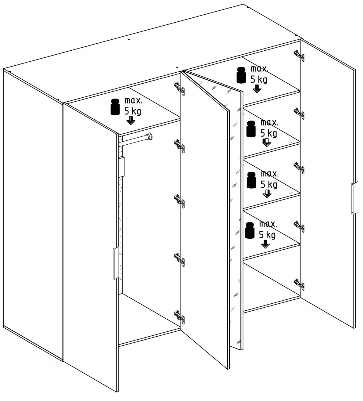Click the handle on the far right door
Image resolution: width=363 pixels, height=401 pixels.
tap(354, 198)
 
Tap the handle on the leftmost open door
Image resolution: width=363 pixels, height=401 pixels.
tap(116, 263)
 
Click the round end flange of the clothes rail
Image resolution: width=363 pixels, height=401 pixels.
tap(150, 136)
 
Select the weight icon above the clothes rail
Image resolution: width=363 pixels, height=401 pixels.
tap(115, 107)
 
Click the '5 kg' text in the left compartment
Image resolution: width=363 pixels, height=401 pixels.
tap(133, 111)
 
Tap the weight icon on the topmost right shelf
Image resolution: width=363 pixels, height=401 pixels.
tap(241, 75)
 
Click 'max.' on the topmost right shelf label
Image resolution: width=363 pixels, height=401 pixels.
tap(259, 69)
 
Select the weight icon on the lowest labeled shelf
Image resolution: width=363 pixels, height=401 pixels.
tap(250, 230)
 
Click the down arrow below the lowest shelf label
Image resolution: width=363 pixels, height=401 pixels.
tap(265, 244)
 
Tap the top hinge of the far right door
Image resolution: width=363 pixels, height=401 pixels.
tap(299, 56)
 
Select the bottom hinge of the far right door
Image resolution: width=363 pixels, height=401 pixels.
tap(299, 285)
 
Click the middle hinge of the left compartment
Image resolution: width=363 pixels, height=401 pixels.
tap(179, 202)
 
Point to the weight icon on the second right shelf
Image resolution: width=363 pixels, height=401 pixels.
tap(251, 129)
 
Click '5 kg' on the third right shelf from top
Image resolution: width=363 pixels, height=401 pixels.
tap(269, 185)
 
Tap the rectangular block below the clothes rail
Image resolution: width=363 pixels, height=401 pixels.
tap(121, 167)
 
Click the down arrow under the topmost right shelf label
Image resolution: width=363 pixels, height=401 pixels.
tap(257, 89)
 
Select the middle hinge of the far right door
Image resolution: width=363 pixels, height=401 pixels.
tap(299, 168)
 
